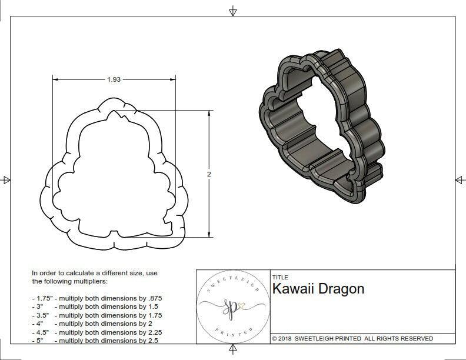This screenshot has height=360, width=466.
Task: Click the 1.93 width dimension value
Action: [114, 79]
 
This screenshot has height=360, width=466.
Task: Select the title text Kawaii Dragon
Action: [318, 289]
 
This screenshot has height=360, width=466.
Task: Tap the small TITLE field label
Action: [279, 277]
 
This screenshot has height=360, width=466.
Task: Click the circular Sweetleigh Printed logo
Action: [231, 306]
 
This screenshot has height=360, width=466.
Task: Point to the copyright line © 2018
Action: [352, 338]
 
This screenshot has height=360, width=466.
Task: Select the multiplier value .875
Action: [154, 298]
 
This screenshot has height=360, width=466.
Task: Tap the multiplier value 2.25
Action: [154, 332]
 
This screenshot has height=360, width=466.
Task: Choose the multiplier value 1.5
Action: [152, 306]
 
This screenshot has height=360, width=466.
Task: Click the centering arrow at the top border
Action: [233, 11]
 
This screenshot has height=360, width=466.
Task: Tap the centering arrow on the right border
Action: [460, 179]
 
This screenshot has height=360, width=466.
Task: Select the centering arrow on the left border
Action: [6, 179]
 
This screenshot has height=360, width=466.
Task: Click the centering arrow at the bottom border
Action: [233, 351]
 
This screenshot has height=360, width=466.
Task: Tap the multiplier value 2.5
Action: [152, 340]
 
